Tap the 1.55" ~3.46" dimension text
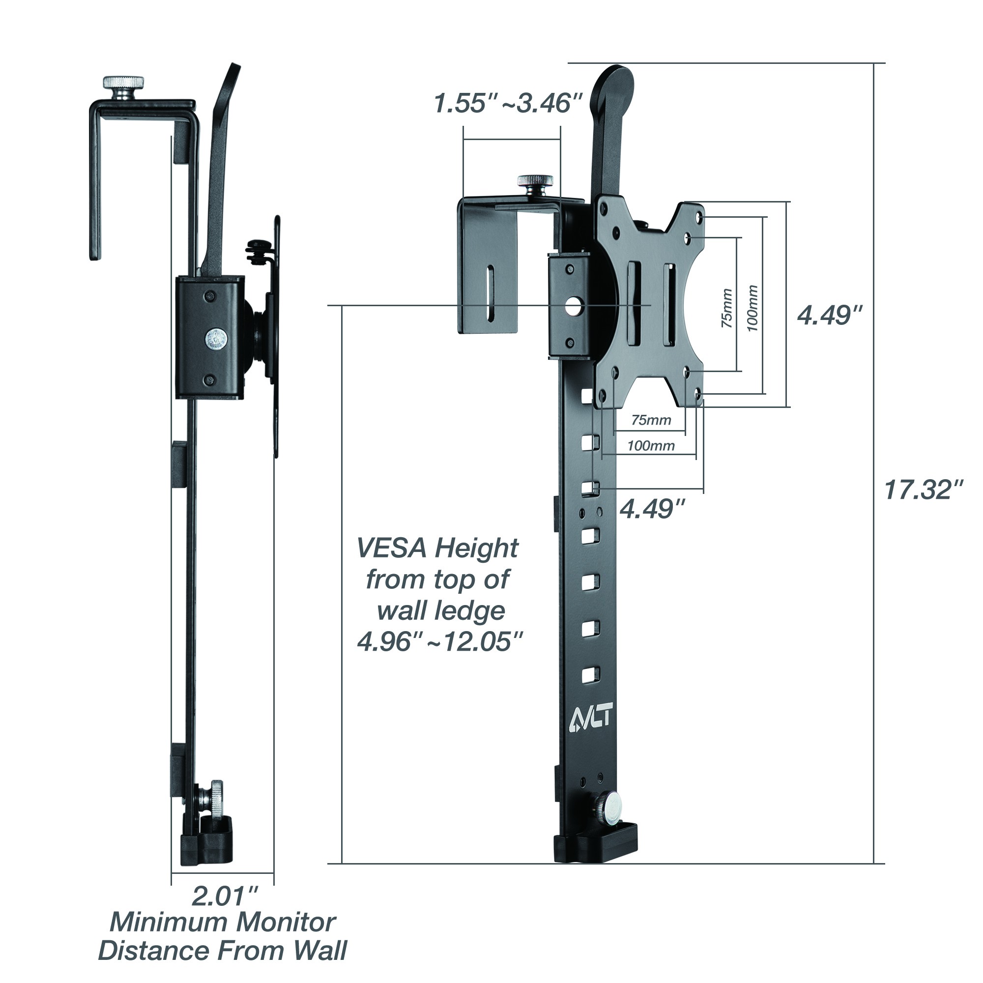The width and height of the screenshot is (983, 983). point(507,103)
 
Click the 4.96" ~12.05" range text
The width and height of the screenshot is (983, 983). point(439,641)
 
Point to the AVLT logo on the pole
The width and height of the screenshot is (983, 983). point(590,721)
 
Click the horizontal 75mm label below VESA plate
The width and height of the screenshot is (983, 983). point(651,420)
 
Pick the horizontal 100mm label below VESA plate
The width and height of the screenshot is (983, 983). point(651,446)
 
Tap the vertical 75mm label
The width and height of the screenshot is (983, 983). point(727,308)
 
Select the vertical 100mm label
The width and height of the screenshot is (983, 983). point(752,308)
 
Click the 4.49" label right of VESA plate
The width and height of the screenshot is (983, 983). point(829,316)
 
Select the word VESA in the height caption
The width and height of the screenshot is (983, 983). point(391,549)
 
